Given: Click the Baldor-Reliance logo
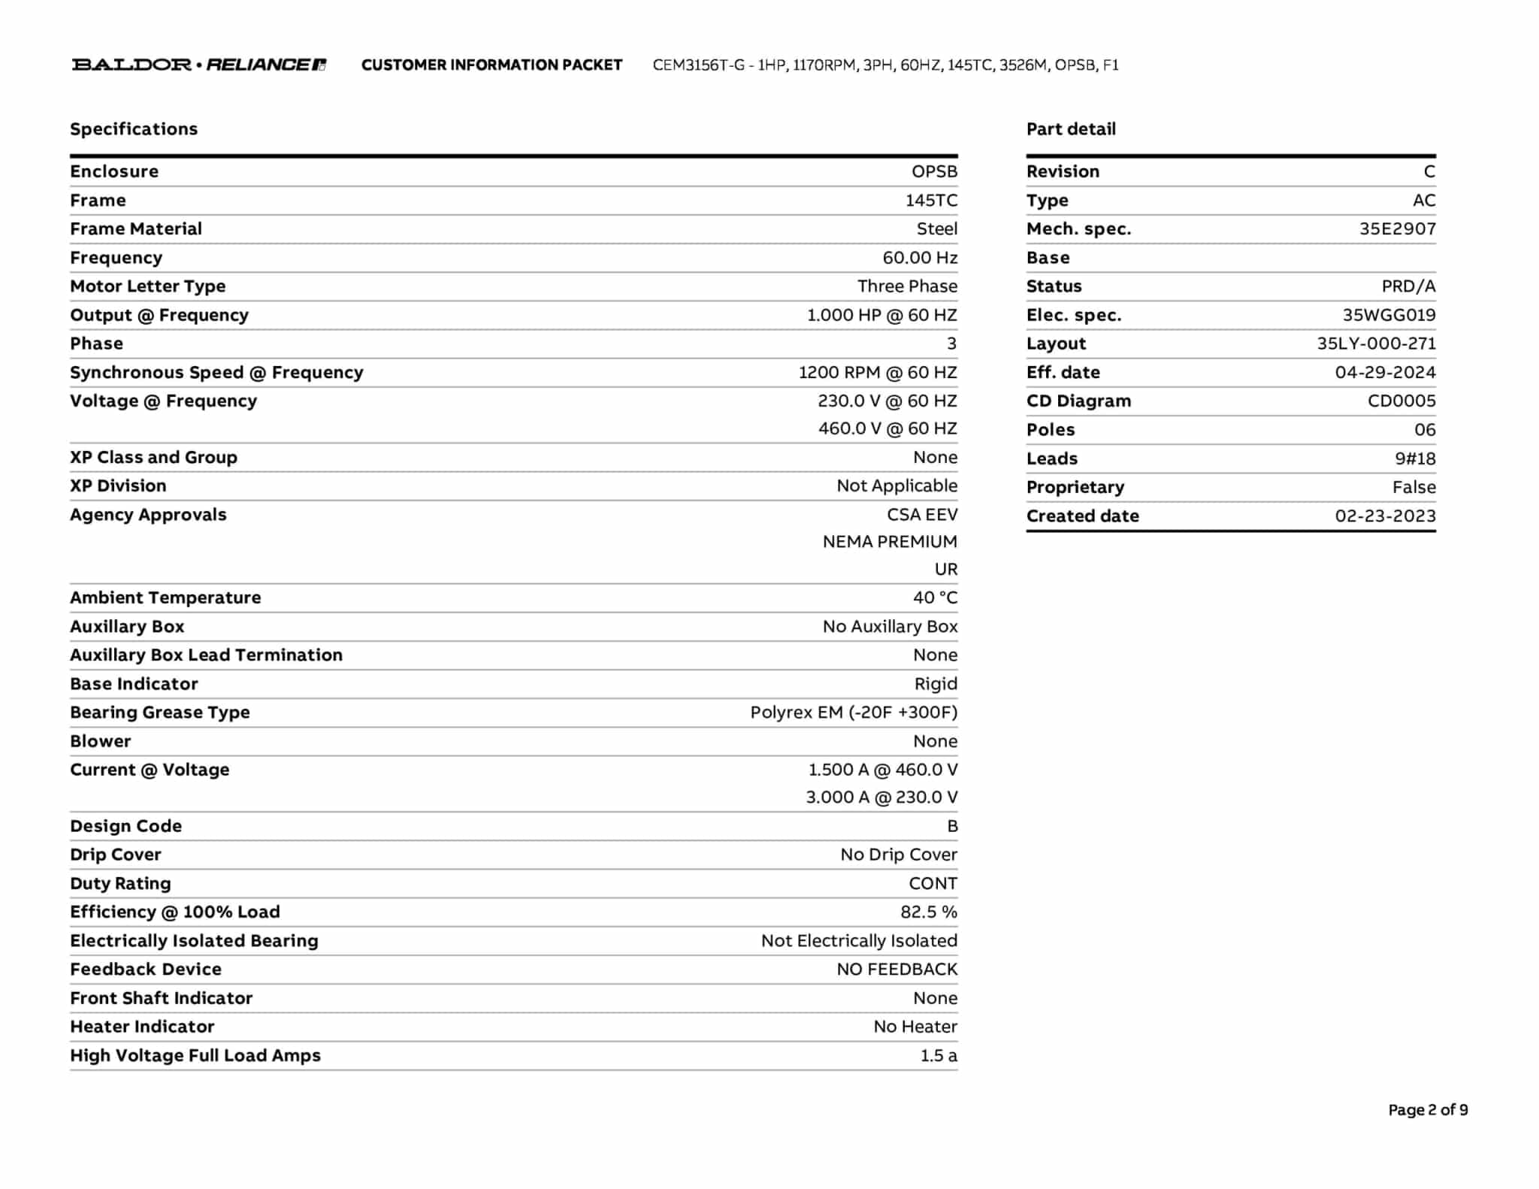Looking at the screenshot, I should tap(198, 65).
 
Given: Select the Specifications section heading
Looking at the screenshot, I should tap(134, 129).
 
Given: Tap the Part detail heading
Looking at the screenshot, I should tap(1071, 129).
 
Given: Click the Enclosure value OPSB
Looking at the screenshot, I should tap(934, 171).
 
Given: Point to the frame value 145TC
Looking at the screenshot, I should tap(931, 201).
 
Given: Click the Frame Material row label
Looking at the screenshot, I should tap(136, 229).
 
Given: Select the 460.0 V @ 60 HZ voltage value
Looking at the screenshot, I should tap(887, 428).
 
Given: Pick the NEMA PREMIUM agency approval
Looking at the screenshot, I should tap(890, 542).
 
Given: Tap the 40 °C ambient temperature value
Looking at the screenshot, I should tap(935, 598).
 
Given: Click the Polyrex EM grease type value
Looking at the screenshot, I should tap(854, 712).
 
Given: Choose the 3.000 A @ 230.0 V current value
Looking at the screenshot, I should tap(881, 797).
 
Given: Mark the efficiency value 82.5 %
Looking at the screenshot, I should tap(929, 912).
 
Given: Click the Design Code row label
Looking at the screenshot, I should tap(125, 826).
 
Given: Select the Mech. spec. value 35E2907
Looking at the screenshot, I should tap(1397, 229).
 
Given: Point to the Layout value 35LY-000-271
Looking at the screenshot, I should tap(1376, 343).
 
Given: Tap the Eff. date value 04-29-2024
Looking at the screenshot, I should tap(1385, 372).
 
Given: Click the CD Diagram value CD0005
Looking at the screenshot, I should tap(1401, 401).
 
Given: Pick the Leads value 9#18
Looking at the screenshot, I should tap(1415, 458).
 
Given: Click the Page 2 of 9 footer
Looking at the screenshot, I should tap(1428, 1110).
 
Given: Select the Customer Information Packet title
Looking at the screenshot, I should tap(491, 65).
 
